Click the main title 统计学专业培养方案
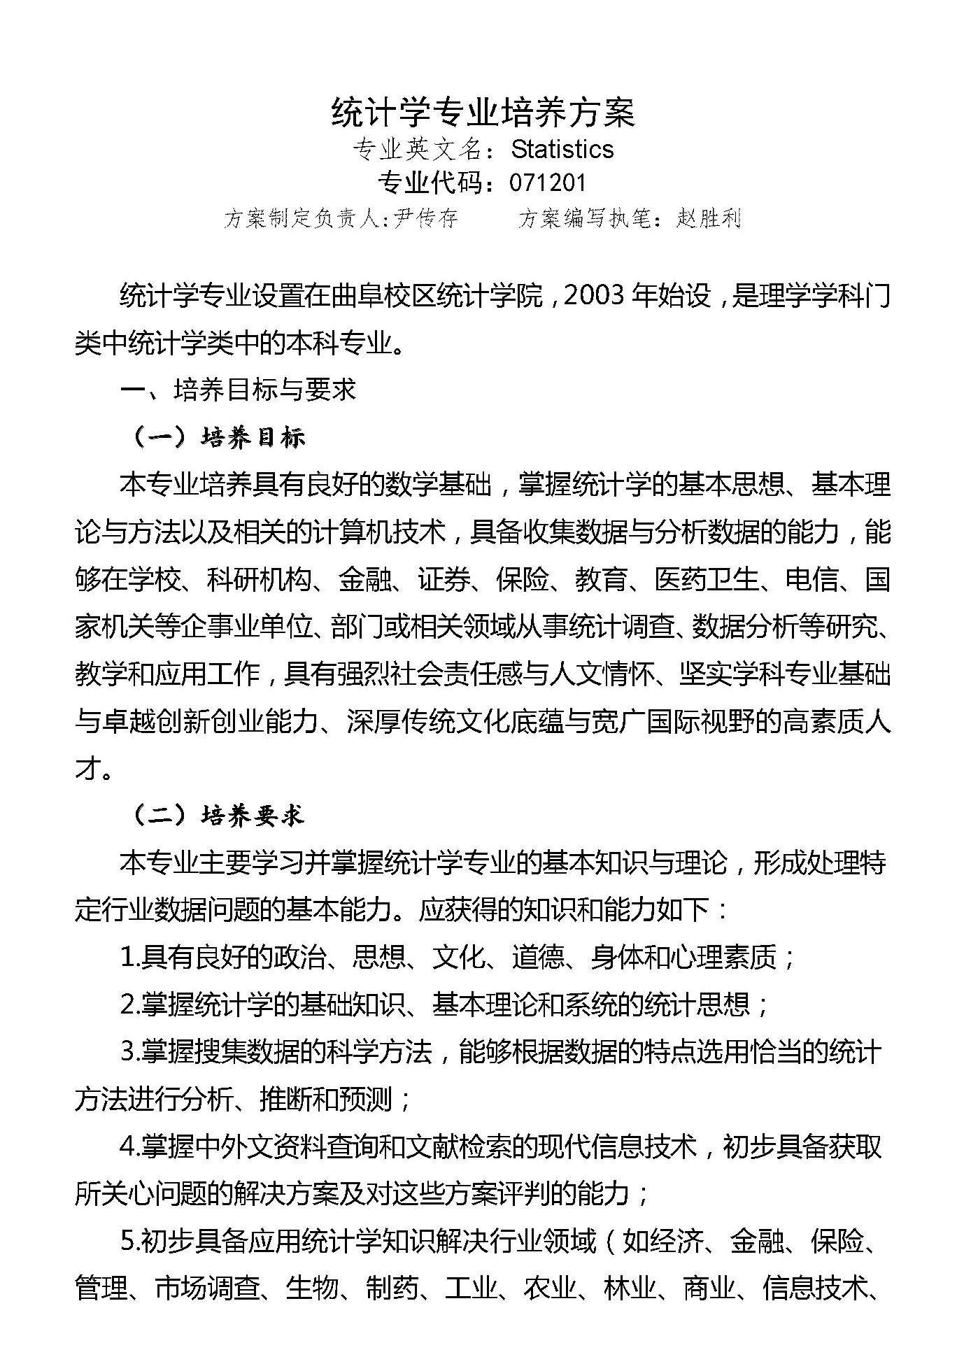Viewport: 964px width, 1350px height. tap(483, 113)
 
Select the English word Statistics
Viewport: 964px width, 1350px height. tap(562, 149)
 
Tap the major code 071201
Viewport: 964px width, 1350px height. tap(547, 183)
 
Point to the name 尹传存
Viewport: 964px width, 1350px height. tap(426, 218)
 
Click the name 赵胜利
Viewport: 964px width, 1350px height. tap(708, 218)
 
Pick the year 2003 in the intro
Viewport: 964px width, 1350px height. tap(593, 296)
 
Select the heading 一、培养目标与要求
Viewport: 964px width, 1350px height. tap(238, 390)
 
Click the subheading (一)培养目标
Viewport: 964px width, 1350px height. tap(219, 438)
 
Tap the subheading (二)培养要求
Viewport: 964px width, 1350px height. tap(219, 816)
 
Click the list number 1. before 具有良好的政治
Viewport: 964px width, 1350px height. tap(129, 958)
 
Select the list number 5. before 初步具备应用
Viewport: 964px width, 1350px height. tap(129, 1241)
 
